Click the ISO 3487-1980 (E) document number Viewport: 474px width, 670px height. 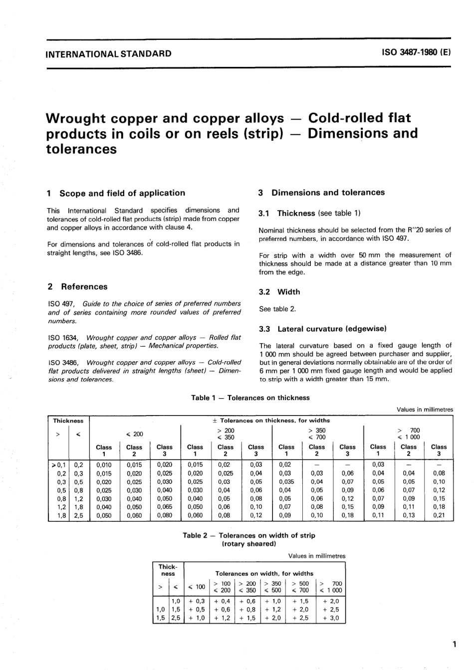click(416, 53)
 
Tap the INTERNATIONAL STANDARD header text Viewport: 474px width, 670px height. click(108, 53)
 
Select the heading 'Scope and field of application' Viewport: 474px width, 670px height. click(122, 193)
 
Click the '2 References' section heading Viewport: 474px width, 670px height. click(77, 287)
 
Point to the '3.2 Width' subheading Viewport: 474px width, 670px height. click(279, 292)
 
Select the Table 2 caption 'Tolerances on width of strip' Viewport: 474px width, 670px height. click(249, 535)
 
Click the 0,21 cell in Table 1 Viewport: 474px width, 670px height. click(439, 515)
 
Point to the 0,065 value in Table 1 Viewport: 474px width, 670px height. click(165, 507)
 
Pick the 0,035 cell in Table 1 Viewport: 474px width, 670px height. click(286, 482)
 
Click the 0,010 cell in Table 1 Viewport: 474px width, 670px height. click(104, 465)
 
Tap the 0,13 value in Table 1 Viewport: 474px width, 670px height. click(408, 515)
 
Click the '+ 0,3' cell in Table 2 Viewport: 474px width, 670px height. click(197, 601)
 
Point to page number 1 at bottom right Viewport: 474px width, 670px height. click(454, 645)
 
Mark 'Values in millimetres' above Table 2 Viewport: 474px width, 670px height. click(316, 556)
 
